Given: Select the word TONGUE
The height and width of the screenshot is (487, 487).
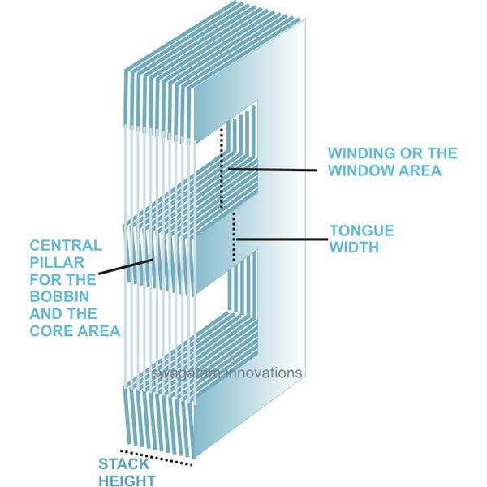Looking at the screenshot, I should (x=361, y=230).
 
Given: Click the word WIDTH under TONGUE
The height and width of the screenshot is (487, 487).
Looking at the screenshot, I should (x=354, y=247).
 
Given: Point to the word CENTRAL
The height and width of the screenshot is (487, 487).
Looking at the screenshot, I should (x=65, y=244).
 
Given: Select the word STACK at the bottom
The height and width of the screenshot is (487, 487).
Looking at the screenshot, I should (x=123, y=464).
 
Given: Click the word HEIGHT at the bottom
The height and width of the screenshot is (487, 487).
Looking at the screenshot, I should (x=127, y=481).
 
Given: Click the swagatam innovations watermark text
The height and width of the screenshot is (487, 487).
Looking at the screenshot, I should (x=226, y=373).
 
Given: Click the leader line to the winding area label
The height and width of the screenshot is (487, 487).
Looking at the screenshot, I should (x=272, y=170).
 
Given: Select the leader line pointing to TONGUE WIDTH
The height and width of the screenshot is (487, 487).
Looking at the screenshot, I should (x=280, y=239).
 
